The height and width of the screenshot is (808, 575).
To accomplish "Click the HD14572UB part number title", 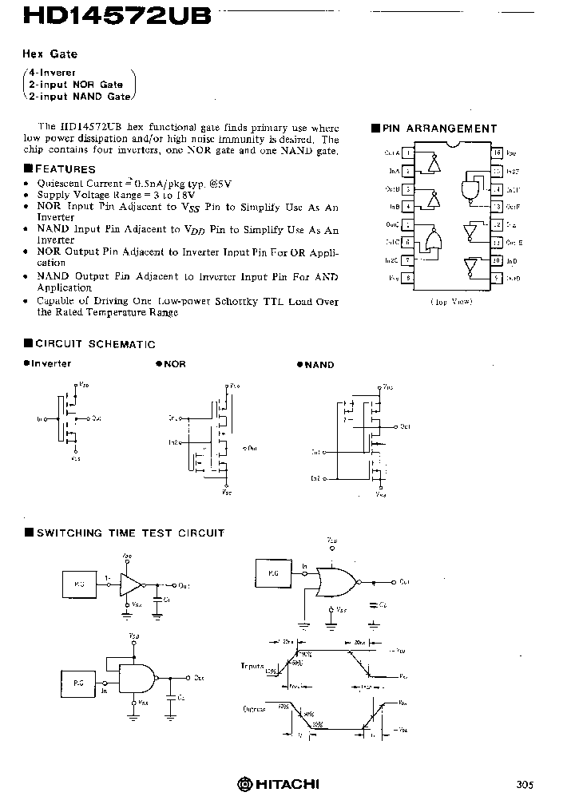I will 108,17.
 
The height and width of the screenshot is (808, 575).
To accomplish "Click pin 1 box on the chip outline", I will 408,152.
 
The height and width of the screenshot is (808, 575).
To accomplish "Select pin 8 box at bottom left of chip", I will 408,279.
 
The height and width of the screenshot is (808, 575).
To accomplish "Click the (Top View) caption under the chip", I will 451,301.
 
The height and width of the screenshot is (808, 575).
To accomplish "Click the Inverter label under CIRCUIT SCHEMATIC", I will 51,364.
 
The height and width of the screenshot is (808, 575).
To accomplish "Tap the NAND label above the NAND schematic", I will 319,365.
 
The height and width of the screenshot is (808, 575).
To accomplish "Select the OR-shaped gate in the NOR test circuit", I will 335,582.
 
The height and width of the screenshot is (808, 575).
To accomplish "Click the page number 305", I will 524,785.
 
